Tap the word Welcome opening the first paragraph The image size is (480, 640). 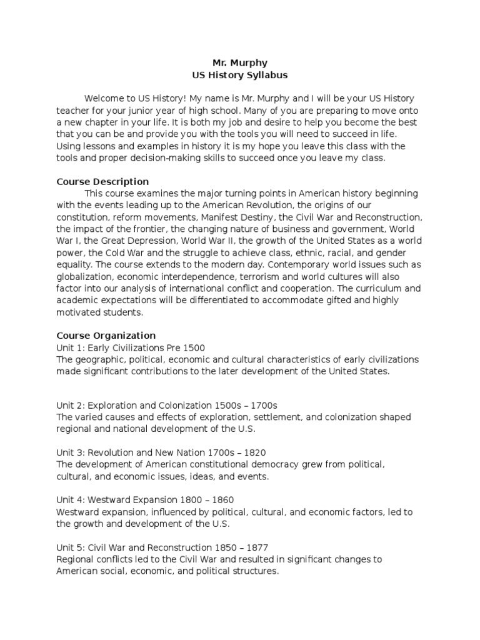point(106,99)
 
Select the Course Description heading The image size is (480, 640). point(102,182)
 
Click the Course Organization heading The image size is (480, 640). point(106,336)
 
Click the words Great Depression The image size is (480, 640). point(134,241)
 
